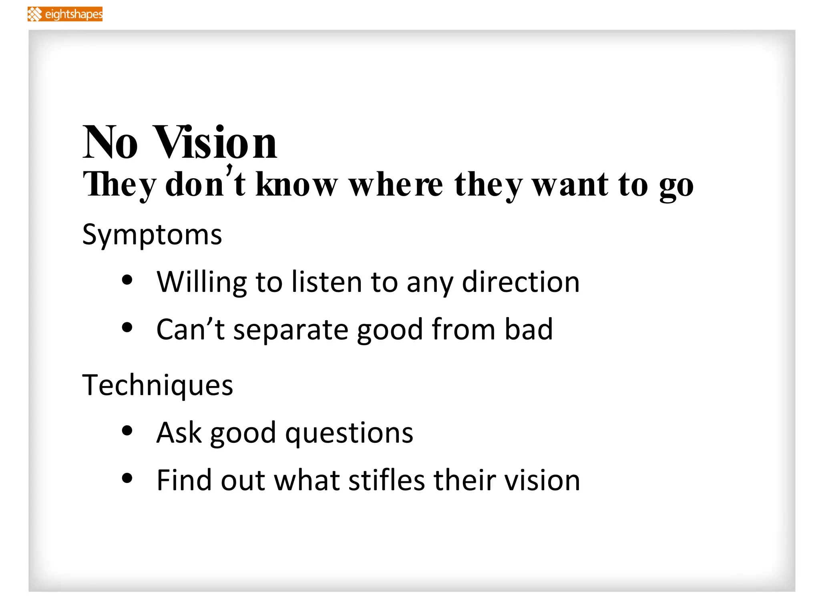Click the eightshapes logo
65,14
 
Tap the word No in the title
110,143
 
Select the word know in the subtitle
297,185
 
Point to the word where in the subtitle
396,185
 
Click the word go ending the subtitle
676,187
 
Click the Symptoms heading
152,235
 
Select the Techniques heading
157,385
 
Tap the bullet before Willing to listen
127,280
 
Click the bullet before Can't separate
127,328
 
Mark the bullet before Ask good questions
127,431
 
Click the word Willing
201,282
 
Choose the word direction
521,282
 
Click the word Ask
179,433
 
